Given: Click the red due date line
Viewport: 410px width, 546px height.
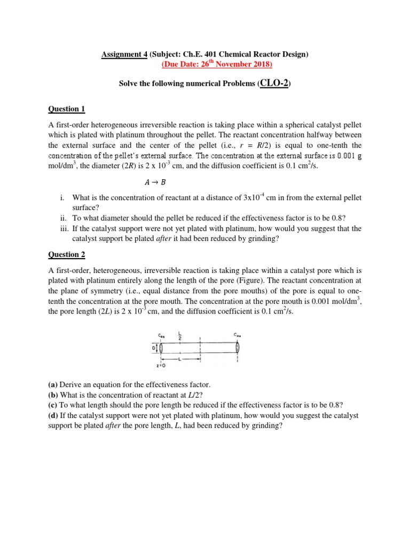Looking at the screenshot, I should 216,65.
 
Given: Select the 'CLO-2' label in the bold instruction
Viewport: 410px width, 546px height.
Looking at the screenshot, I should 274,84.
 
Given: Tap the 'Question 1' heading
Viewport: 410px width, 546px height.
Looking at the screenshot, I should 67,109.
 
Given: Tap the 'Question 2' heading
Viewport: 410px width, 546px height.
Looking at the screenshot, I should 67,255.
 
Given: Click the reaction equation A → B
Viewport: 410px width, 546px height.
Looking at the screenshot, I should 205,181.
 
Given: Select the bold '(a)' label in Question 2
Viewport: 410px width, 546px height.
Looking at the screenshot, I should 53,384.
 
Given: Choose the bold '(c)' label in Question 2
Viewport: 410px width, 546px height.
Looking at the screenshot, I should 53,405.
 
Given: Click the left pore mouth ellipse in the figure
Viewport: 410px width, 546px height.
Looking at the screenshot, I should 161,348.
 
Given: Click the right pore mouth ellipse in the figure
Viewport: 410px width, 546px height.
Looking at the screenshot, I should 238,348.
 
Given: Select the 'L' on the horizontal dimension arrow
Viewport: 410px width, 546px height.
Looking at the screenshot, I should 180,359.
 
